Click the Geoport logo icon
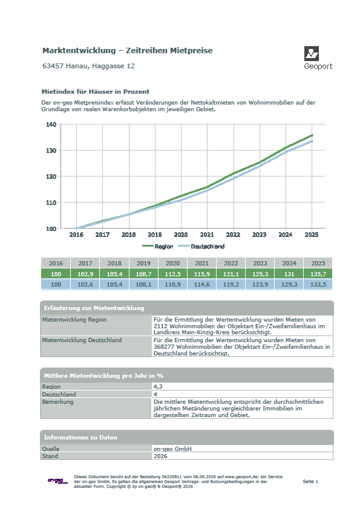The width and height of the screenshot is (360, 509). click(311, 54)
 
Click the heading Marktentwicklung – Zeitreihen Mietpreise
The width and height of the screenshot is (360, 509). click(128, 51)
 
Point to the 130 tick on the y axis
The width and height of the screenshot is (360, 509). click(51, 151)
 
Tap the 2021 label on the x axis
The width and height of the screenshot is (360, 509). click(207, 235)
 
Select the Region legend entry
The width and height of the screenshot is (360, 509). click(158, 247)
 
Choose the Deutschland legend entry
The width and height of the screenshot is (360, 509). click(201, 247)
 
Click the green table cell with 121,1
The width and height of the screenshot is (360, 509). click(231, 274)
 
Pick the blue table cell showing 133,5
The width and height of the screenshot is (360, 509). click(318, 284)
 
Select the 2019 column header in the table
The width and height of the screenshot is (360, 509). click(143, 263)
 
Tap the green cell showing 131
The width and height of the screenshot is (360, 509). click(289, 274)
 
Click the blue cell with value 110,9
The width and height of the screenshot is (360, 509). click(173, 284)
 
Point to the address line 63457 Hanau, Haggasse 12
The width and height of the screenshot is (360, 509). click(89, 66)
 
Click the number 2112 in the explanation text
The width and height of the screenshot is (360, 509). click(160, 326)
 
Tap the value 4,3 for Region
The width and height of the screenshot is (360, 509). click(158, 387)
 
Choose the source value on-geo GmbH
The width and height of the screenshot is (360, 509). click(172, 449)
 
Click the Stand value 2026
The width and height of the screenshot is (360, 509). click(160, 456)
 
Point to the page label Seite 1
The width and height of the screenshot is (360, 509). click(310, 481)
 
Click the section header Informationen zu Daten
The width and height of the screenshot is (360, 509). click(80, 438)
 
